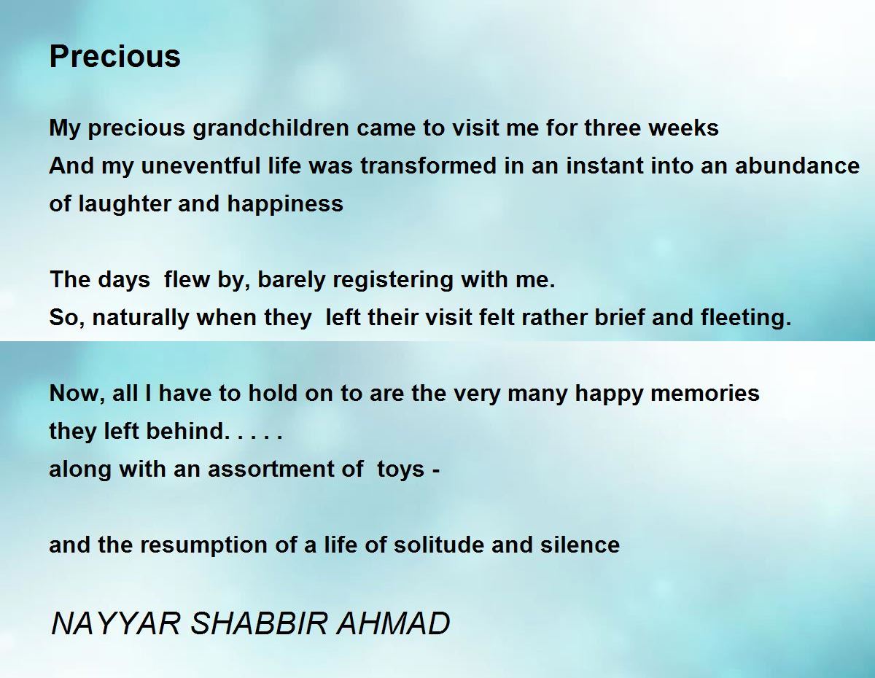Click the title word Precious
pos(114,56)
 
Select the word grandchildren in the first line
pos(271,128)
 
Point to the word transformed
pos(429,166)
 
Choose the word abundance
pos(797,166)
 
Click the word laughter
pos(124,203)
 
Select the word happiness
pos(285,203)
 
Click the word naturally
pos(141,318)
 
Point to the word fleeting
pos(746,318)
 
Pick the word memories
pos(704,394)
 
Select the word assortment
pos(271,469)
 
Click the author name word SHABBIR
pos(258,623)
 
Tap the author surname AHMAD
pos(393,623)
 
